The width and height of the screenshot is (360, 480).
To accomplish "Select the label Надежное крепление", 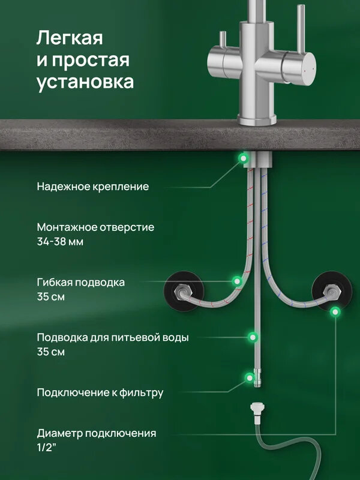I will [x=92, y=187].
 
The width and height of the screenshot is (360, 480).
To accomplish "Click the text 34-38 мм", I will [x=60, y=242].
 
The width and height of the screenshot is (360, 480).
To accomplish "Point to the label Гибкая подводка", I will [x=81, y=283].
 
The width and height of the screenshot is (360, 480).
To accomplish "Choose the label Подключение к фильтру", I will [x=100, y=393].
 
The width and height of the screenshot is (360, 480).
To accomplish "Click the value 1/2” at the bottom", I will [x=47, y=447].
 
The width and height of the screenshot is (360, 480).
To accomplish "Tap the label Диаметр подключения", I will [x=97, y=433].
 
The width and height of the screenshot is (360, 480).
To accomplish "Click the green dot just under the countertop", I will [x=244, y=158].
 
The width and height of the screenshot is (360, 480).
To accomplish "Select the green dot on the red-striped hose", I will [x=238, y=280].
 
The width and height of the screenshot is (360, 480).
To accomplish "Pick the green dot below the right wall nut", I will [x=335, y=311].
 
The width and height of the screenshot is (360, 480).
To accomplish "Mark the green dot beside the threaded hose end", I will [x=248, y=377].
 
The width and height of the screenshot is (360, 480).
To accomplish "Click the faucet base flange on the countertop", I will [x=257, y=121].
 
